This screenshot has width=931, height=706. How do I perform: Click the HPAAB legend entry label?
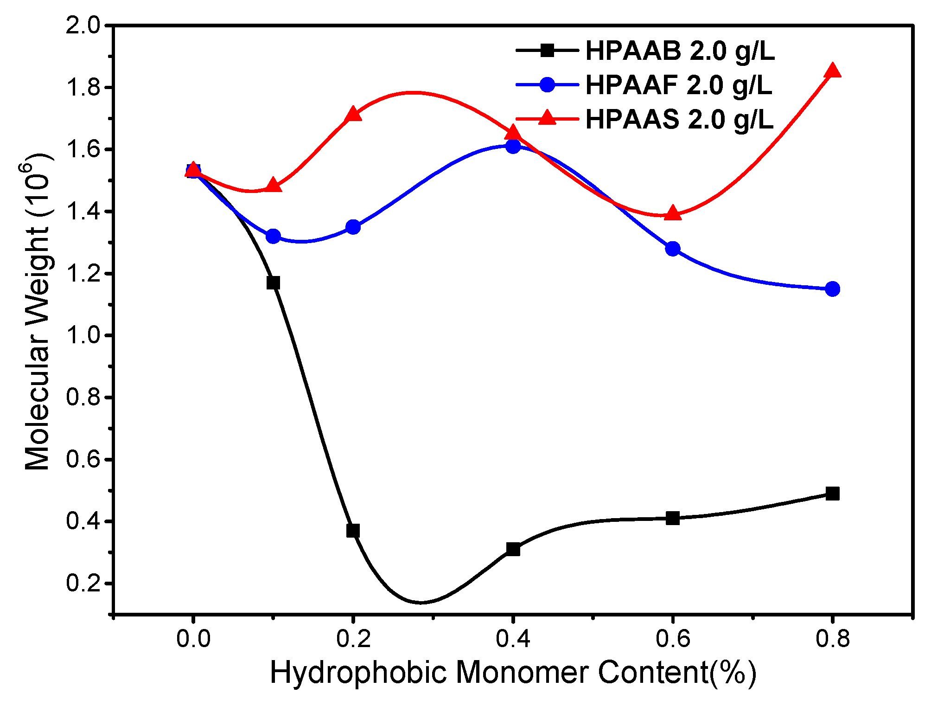[680, 51]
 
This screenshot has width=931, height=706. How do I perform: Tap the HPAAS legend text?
[679, 119]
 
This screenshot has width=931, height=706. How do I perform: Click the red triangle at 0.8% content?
[833, 71]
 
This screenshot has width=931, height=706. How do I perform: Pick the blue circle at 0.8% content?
[833, 289]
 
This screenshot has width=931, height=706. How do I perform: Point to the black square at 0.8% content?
[833, 494]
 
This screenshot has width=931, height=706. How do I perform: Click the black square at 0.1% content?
[273, 282]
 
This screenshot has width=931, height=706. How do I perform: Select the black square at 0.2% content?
[353, 531]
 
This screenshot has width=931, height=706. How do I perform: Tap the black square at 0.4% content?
[513, 549]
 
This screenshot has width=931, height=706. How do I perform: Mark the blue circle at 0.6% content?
[673, 249]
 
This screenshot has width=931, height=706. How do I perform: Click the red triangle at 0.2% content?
[353, 114]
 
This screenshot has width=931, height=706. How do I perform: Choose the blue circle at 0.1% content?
[273, 236]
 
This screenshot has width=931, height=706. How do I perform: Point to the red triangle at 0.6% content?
[673, 213]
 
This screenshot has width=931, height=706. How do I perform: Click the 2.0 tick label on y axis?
[83, 26]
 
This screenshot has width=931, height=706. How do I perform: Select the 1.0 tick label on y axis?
[83, 335]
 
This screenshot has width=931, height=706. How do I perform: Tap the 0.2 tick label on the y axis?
[83, 584]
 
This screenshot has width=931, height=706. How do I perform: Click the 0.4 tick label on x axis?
[513, 639]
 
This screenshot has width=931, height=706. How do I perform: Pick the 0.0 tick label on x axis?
[193, 639]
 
